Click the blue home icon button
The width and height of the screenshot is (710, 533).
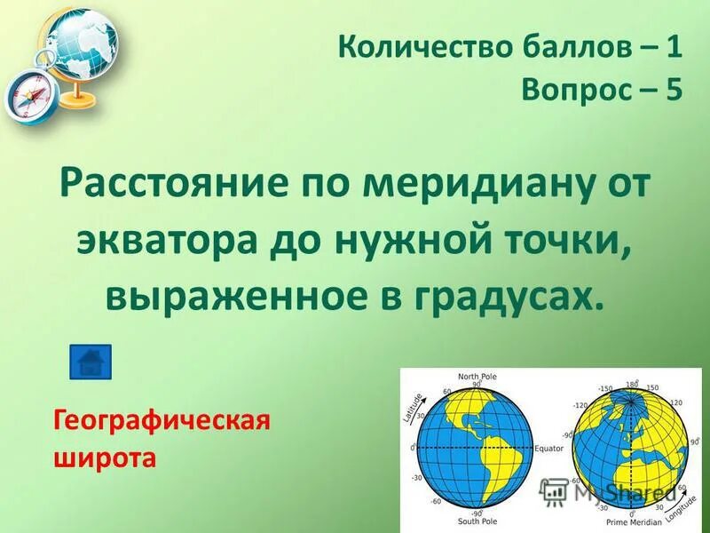pyautogui.click(x=91, y=362)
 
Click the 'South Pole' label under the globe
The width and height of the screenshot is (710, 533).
pyautogui.click(x=476, y=521)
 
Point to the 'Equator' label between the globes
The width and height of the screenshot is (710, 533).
pyautogui.click(x=548, y=449)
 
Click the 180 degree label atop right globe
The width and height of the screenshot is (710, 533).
pyautogui.click(x=631, y=385)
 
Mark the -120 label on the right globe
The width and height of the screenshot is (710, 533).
pyautogui.click(x=581, y=405)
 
